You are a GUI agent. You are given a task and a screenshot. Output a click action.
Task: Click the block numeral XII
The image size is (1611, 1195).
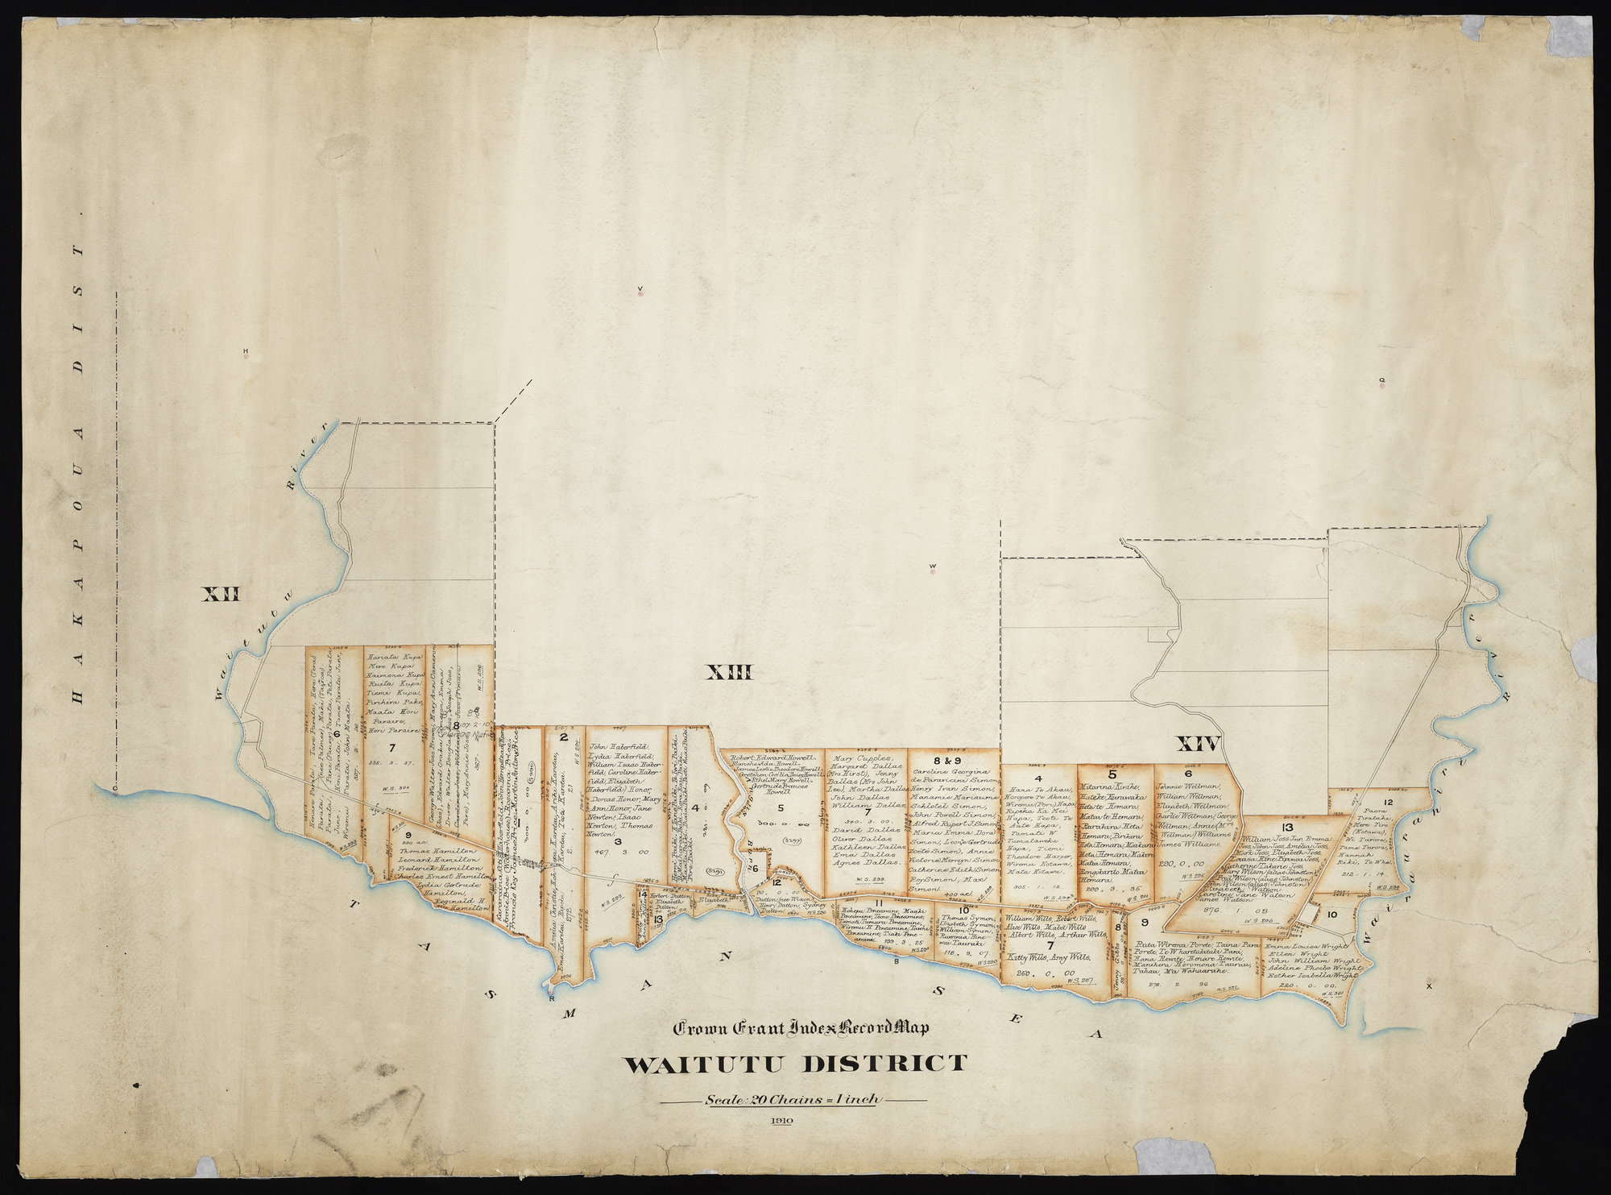tap(221, 595)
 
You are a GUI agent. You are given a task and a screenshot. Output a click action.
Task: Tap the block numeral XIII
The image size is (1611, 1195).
tap(729, 671)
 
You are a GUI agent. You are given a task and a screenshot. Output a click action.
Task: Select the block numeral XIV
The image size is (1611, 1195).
tap(1198, 742)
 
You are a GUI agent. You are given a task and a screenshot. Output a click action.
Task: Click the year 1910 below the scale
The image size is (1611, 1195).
tap(781, 1121)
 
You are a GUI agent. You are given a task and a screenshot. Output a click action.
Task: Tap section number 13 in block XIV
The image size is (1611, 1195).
tap(1286, 828)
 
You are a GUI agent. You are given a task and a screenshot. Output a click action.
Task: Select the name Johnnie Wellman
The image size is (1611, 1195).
tap(1189, 787)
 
